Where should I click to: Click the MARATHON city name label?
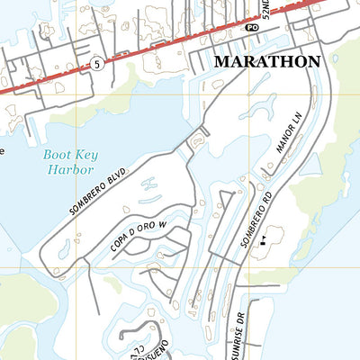(266, 62)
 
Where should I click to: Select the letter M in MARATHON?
(221, 62)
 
